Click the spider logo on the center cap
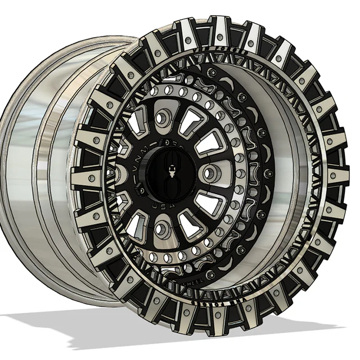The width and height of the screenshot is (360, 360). coord(169,173)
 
